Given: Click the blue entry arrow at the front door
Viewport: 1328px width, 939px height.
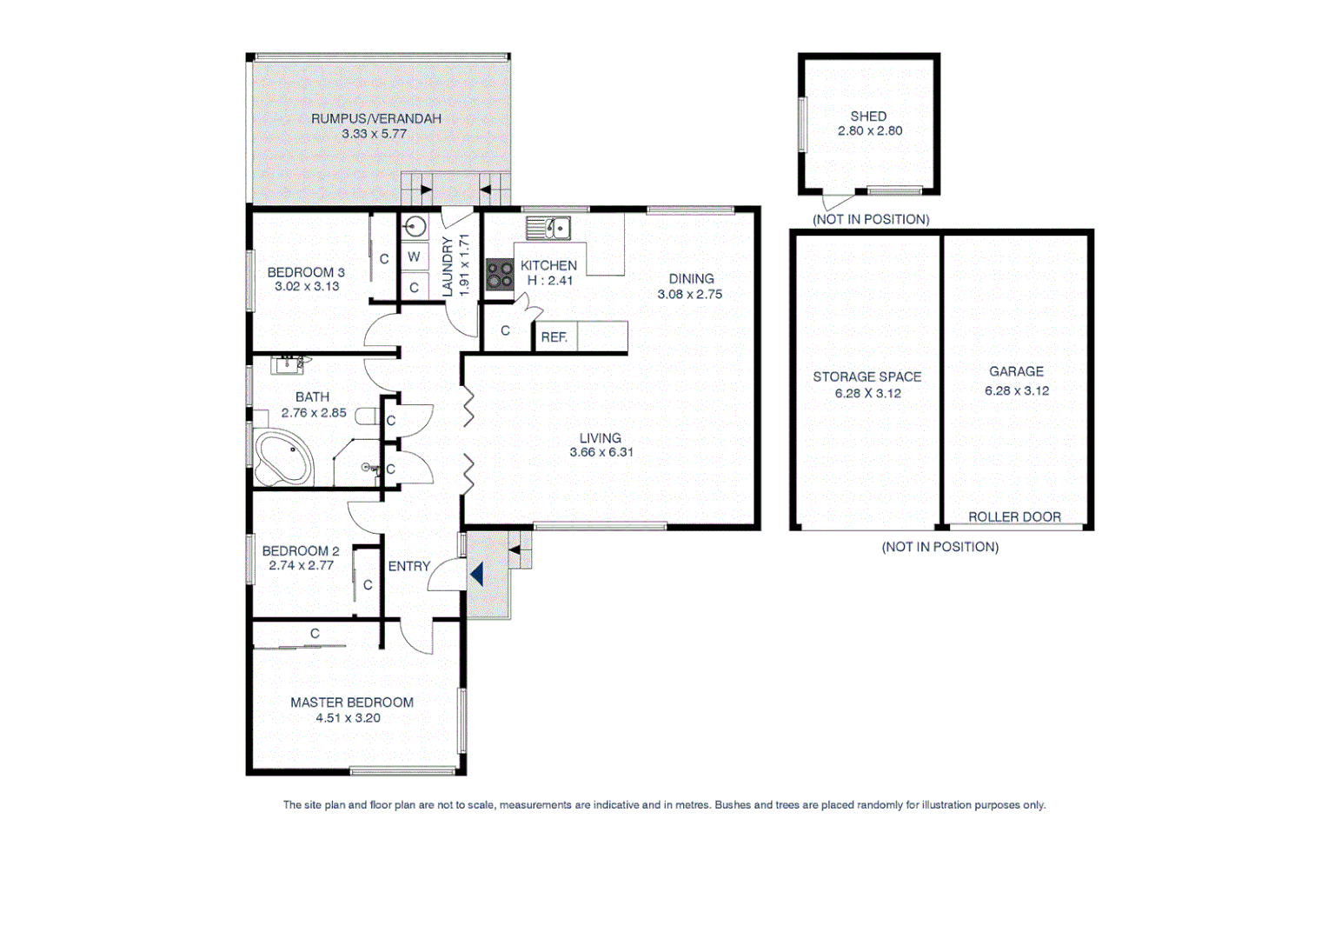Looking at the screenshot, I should click(x=476, y=574).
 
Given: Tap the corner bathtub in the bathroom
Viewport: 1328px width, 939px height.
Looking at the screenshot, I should click(x=282, y=459).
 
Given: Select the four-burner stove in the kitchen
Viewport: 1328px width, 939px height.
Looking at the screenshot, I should click(x=500, y=274).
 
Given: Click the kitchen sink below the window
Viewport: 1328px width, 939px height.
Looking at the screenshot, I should click(x=548, y=229).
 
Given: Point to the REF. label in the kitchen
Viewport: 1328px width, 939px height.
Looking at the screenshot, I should click(x=554, y=337).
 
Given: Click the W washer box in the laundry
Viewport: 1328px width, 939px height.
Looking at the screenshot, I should click(x=414, y=256).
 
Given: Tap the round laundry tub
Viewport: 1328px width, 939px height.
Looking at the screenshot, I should click(x=415, y=228).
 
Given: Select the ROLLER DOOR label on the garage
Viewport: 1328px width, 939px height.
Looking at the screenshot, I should click(x=1014, y=516).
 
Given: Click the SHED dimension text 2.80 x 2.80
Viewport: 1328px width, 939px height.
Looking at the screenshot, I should click(x=870, y=131).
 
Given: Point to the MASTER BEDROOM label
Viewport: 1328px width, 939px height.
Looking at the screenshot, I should click(x=352, y=703).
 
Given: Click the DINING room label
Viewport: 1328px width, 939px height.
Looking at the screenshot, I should click(x=691, y=279).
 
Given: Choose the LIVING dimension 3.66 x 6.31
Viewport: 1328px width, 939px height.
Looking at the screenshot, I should click(x=601, y=452).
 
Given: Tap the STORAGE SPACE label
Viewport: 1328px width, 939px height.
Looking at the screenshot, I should click(x=867, y=376).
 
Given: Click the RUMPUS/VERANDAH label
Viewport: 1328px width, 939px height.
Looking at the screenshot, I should click(x=376, y=118).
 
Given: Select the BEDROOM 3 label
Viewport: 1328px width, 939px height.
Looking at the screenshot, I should click(x=306, y=272).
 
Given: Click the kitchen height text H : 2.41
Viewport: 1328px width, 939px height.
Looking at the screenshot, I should click(x=550, y=280).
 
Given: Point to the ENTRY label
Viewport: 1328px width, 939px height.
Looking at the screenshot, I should click(x=409, y=566).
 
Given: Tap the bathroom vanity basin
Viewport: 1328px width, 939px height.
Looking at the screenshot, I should click(x=287, y=364).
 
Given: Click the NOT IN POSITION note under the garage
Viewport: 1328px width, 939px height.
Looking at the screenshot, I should click(x=940, y=547).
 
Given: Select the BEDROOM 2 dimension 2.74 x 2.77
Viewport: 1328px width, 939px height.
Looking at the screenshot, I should click(x=302, y=565).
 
